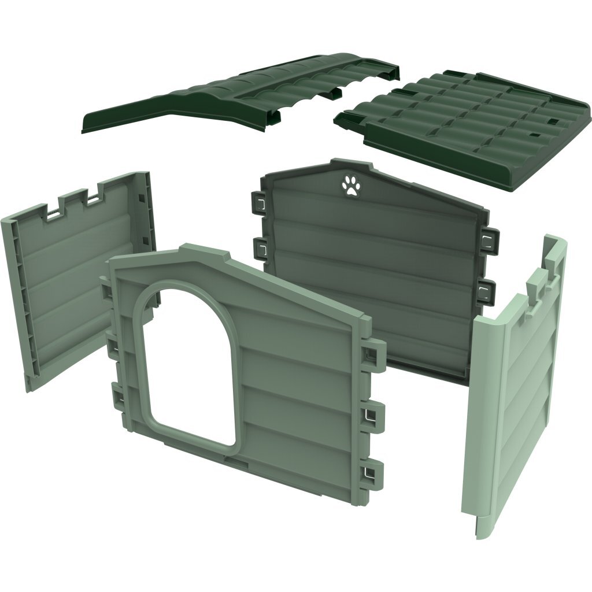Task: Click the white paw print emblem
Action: (x=350, y=186)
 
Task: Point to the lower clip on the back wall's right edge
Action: (x=487, y=288)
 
